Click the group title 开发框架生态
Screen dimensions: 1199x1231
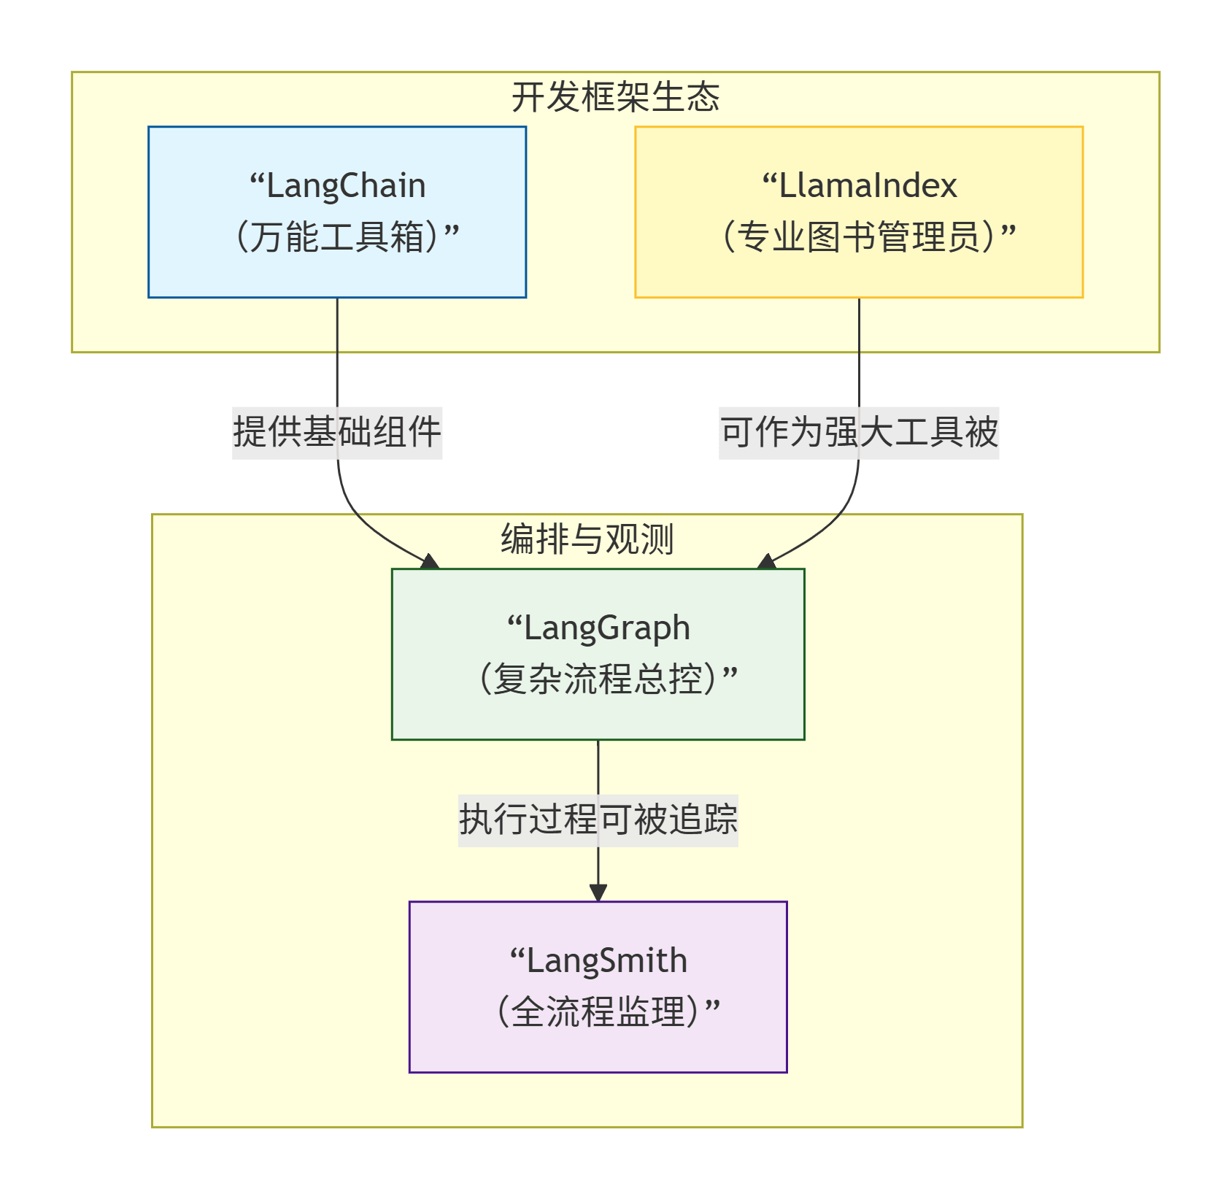615,97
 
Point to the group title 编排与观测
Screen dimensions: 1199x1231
587,539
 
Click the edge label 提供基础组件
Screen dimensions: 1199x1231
337,431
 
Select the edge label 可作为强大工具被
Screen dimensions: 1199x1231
859,431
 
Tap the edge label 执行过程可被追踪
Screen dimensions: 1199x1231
598,819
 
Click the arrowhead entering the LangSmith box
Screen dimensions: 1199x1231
598,892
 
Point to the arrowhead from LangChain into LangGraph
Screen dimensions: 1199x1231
430,561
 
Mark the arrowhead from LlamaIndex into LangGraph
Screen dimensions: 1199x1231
766,561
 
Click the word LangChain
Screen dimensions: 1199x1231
346,186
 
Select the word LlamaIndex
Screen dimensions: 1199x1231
868,186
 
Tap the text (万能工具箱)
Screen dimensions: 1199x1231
337,237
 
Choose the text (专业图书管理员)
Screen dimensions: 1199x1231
859,237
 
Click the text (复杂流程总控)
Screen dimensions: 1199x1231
598,679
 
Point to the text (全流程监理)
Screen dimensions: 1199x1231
598,1011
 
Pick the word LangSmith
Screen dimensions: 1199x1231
606,961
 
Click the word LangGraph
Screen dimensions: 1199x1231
606,628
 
